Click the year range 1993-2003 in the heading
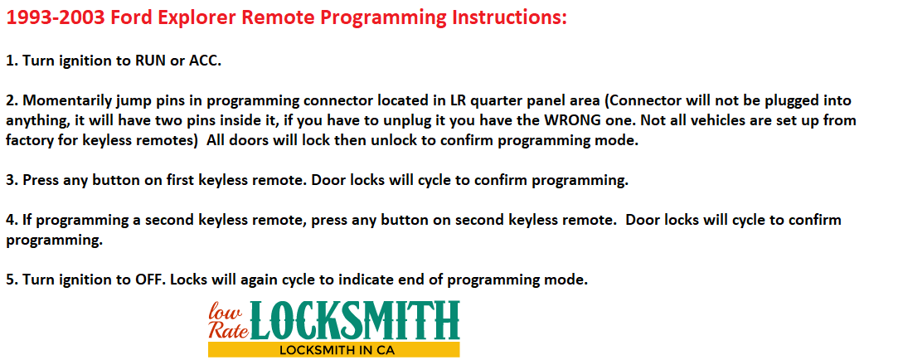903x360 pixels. point(56,17)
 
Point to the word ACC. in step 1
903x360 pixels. point(205,61)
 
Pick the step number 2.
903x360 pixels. point(12,101)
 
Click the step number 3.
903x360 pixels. point(12,180)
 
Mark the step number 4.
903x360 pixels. point(12,220)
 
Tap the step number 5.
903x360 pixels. point(12,280)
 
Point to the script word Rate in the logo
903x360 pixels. point(227,329)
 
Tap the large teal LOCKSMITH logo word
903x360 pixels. point(355,320)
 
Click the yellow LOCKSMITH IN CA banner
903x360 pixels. point(334,350)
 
